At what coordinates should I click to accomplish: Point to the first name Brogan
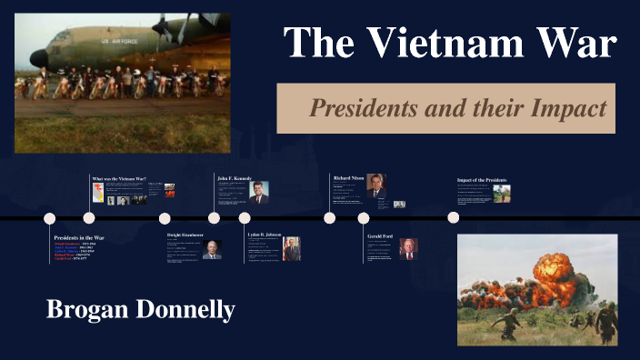[88, 309]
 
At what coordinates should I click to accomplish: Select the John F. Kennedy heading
[233, 178]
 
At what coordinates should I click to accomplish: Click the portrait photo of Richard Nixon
[376, 186]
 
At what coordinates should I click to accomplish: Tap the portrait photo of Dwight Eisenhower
[212, 250]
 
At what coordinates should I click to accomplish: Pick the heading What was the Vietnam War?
[119, 179]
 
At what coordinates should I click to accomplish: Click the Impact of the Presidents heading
[482, 180]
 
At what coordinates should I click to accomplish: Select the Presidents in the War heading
[79, 237]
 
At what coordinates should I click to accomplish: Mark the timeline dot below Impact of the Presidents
[454, 217]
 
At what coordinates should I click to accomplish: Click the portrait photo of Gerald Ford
[408, 250]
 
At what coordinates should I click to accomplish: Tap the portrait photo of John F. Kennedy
[259, 191]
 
